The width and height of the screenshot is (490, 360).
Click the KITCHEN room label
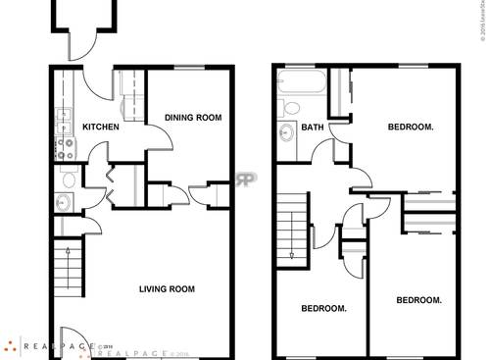pyautogui.click(x=100, y=128)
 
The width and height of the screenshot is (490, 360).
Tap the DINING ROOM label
pyautogui.click(x=192, y=118)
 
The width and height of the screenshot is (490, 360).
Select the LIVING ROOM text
pyautogui.click(x=167, y=289)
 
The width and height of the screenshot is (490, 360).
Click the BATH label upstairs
pyautogui.click(x=313, y=128)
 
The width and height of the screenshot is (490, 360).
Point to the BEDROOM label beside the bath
pyautogui.click(x=411, y=128)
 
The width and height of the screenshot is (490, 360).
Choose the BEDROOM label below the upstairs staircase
pyautogui.click(x=322, y=308)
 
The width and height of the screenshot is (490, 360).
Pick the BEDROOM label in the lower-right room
pyautogui.click(x=417, y=300)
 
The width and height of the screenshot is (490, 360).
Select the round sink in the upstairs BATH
pyautogui.click(x=287, y=134)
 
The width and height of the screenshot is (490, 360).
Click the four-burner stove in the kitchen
pyautogui.click(x=65, y=148)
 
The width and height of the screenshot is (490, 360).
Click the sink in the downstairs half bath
pyautogui.click(x=64, y=203)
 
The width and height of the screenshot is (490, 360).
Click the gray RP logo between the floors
pyautogui.click(x=246, y=180)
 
